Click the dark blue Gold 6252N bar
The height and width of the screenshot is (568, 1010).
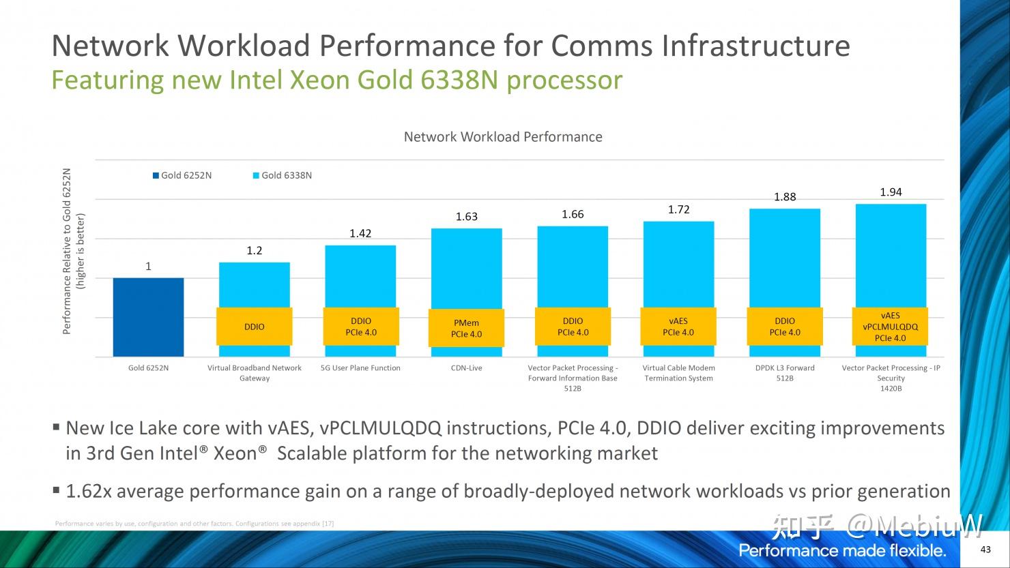pos(148,316)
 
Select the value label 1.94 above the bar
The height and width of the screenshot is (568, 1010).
pos(891,192)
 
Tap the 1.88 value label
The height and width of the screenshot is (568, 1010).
pos(785,197)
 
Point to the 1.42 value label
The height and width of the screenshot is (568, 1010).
pos(360,234)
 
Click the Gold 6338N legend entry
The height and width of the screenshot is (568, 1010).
pos(282,175)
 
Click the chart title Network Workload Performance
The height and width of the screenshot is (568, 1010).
pos(503,137)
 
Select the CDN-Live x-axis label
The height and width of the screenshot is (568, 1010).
pos(467,368)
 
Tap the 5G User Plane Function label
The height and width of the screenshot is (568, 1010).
pos(360,368)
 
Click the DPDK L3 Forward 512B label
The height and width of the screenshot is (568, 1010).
pos(785,373)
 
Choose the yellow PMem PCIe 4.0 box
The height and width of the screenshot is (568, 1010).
pos(467,328)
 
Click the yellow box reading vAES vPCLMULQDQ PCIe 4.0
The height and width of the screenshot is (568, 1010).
pos(891,327)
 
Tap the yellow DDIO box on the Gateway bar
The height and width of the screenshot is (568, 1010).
pos(255,327)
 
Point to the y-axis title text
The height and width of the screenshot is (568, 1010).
pos(74,252)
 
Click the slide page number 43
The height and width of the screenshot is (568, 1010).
pos(985,550)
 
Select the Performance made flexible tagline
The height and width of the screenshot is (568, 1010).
pos(842,551)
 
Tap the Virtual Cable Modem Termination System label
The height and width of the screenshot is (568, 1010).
pos(679,373)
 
